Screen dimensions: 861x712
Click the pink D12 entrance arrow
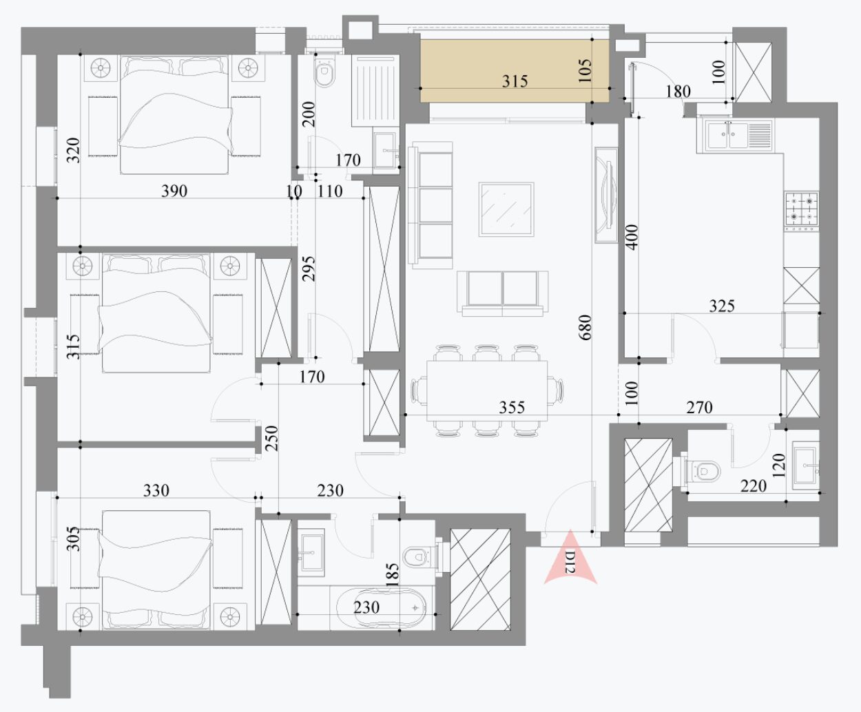point(570,556)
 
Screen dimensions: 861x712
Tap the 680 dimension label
point(585,327)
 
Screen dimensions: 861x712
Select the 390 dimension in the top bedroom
point(174,191)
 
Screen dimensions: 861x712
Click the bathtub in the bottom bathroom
point(381,607)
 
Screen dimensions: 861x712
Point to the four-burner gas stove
point(801,211)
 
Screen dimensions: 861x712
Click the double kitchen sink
point(734,135)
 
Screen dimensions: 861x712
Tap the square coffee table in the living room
point(506,209)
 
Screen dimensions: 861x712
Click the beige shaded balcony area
point(515,70)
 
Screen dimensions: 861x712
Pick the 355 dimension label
point(512,408)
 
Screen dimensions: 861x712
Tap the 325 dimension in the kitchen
point(722,306)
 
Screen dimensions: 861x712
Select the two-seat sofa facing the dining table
point(502,293)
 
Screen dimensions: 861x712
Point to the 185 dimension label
point(393,575)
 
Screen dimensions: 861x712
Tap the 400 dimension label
point(632,237)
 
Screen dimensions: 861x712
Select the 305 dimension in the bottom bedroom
point(73,538)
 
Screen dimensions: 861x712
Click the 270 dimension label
point(699,408)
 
